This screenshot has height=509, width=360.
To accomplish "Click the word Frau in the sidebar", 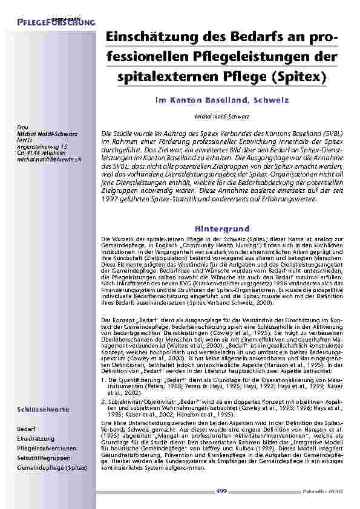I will tap(22, 127).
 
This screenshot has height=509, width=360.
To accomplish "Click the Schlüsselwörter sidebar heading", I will tap(43, 409).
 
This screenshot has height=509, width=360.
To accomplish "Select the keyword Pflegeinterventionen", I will tap(47, 448).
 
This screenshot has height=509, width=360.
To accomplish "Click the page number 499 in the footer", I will tap(222, 491).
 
